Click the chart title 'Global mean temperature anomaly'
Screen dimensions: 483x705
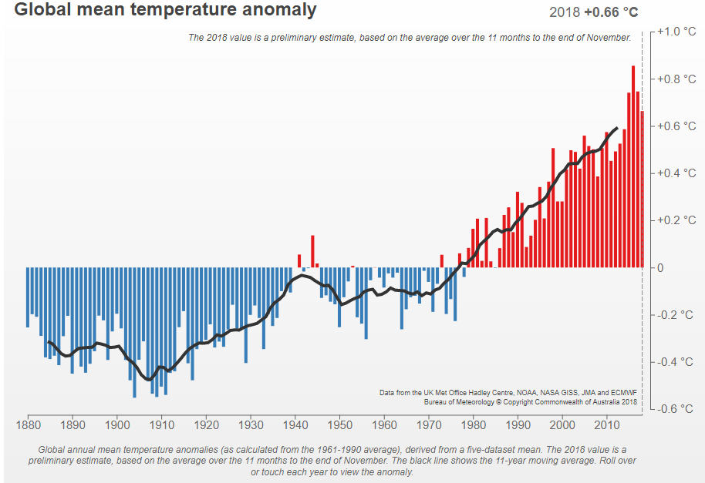click(165, 10)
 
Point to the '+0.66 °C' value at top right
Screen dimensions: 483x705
click(611, 12)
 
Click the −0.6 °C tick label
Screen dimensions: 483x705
click(675, 409)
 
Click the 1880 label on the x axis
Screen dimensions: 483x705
click(28, 424)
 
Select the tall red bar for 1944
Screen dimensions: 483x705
click(312, 251)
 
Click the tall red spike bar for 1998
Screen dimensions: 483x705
click(553, 208)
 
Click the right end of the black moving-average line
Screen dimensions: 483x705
click(616, 128)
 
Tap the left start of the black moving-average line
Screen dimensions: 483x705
click(48, 341)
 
